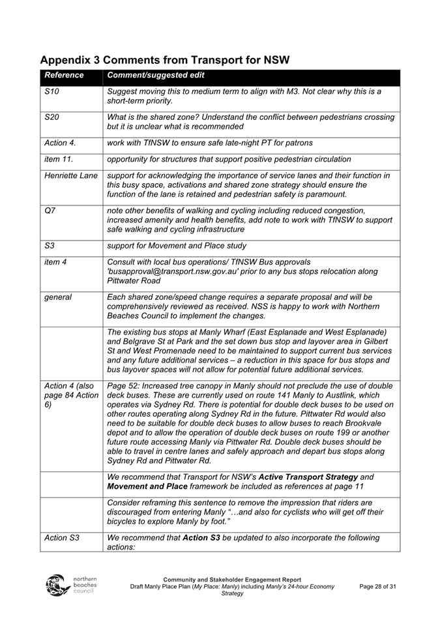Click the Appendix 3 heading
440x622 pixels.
pos(165,60)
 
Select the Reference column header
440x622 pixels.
pos(64,76)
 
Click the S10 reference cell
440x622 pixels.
pos(52,92)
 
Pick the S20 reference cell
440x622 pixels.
pos(52,117)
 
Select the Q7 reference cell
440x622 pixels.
pos(50,211)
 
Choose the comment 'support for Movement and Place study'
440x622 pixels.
pos(176,246)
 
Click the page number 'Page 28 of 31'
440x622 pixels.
pos(377,587)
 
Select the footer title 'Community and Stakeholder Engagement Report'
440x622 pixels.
pos(232,580)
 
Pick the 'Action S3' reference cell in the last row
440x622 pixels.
pos(62,537)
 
